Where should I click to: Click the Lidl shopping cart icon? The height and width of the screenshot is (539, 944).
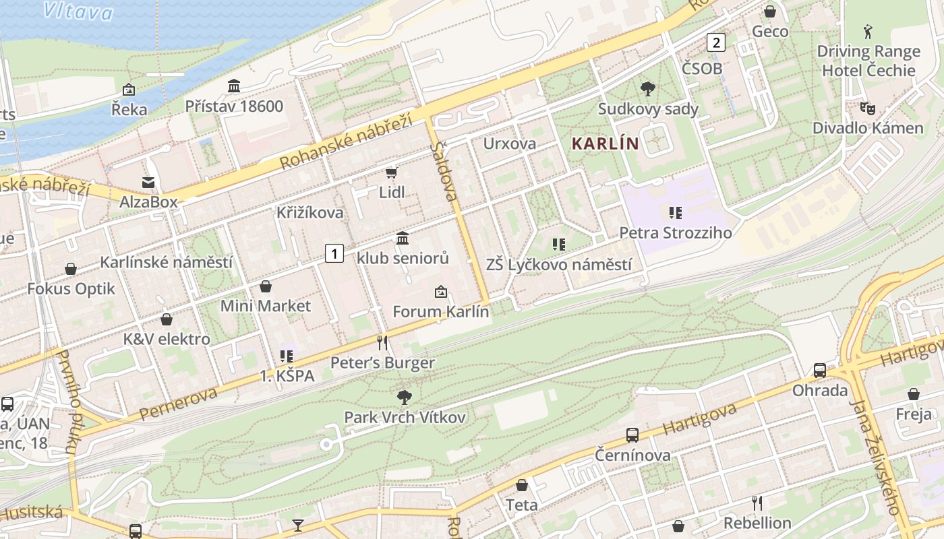(391, 173)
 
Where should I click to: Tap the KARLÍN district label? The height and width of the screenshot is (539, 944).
(605, 144)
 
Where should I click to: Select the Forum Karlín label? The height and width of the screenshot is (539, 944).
(440, 312)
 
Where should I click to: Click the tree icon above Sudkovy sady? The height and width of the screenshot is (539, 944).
(648, 88)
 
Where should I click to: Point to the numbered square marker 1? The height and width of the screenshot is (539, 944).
(334, 253)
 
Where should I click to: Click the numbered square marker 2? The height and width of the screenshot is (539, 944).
(715, 42)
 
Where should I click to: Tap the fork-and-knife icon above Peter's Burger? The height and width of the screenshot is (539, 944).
(382, 343)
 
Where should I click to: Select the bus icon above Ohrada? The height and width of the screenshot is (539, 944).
(820, 371)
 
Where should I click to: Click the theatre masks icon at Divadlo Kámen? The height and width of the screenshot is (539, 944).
(867, 108)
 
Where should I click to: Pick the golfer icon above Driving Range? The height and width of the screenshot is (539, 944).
(868, 31)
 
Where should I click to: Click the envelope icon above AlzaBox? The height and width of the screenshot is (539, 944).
(148, 182)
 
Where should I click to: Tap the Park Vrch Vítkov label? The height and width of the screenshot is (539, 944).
(405, 418)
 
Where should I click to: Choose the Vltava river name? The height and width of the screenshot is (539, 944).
(77, 11)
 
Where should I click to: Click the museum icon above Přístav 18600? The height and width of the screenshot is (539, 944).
(234, 86)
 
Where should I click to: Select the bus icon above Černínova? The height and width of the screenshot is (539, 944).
(632, 435)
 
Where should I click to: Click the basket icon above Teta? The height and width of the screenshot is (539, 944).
(522, 484)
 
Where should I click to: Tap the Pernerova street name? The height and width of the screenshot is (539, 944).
(179, 403)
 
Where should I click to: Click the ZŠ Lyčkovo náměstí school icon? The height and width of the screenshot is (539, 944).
(558, 244)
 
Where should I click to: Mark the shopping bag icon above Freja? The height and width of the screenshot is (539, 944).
(914, 394)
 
